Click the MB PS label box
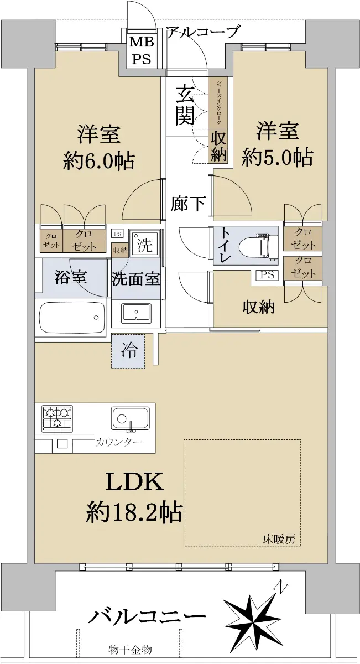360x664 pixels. tap(142, 49)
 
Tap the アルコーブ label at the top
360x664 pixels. tap(202, 32)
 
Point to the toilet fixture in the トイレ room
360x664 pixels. tap(259, 245)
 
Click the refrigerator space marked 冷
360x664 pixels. tap(128, 351)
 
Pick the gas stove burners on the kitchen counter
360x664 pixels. tap(58, 418)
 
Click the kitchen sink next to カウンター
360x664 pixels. tap(130, 418)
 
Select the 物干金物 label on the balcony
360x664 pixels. tap(130, 650)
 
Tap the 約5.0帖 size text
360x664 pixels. tap(277, 157)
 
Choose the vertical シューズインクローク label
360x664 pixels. tap(218, 102)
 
